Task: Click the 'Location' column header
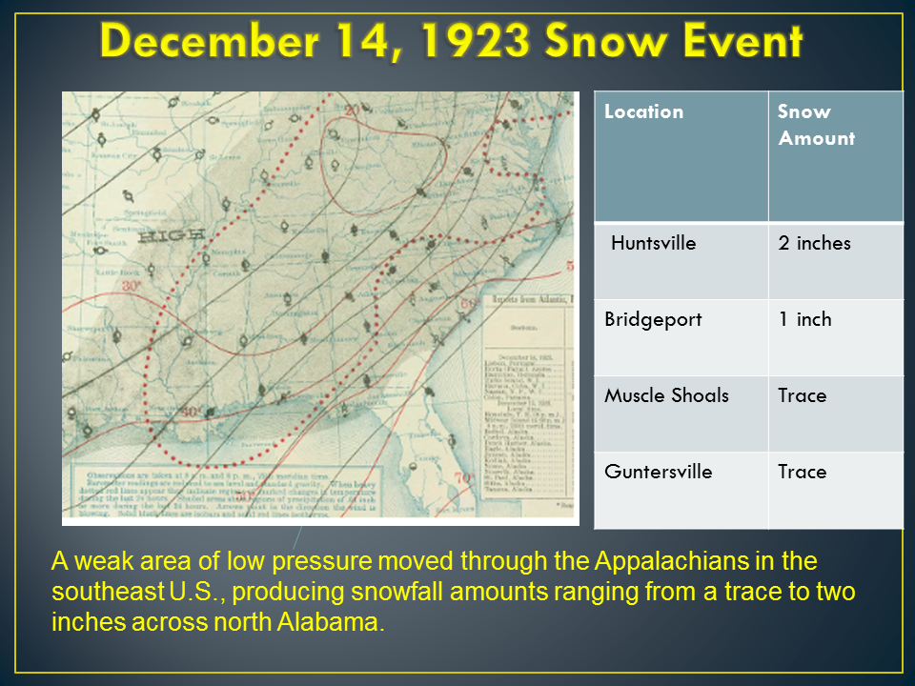click(x=643, y=111)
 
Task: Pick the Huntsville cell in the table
click(x=653, y=243)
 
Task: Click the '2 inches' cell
click(x=814, y=243)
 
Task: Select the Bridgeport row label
click(x=652, y=319)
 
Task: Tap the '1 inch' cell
click(x=804, y=319)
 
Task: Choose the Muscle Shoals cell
click(x=666, y=395)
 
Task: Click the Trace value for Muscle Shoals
click(x=802, y=395)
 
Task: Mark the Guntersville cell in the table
click(x=658, y=472)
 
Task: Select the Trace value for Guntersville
click(x=802, y=472)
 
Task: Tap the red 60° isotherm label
click(x=467, y=303)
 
